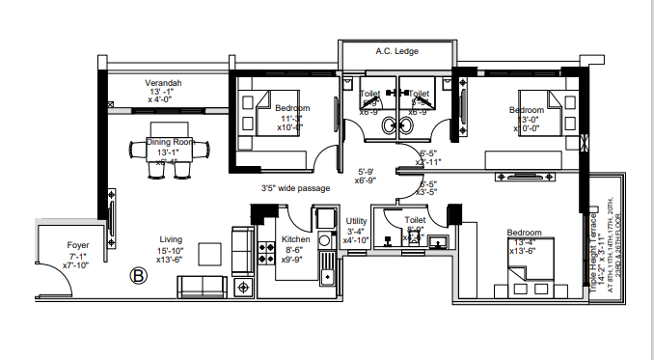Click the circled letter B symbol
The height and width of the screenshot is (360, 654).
[x=137, y=276]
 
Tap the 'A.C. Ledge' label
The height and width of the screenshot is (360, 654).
[x=395, y=51]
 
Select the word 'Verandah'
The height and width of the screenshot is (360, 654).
[x=164, y=84]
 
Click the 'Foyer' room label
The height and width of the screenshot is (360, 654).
[x=78, y=245]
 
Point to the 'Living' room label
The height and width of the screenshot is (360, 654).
[x=172, y=239]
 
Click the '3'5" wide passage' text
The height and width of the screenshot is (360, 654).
[x=295, y=188]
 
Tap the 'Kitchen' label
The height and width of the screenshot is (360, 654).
[x=294, y=239]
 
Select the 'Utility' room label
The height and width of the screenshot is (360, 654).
[x=356, y=221]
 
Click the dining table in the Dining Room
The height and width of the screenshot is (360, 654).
[x=170, y=149]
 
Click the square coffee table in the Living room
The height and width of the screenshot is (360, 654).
[x=207, y=254]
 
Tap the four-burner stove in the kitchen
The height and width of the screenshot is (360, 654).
[x=264, y=257]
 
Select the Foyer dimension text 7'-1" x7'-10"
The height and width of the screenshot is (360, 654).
[x=76, y=261]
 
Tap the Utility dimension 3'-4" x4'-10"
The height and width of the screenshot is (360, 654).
[x=357, y=235]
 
